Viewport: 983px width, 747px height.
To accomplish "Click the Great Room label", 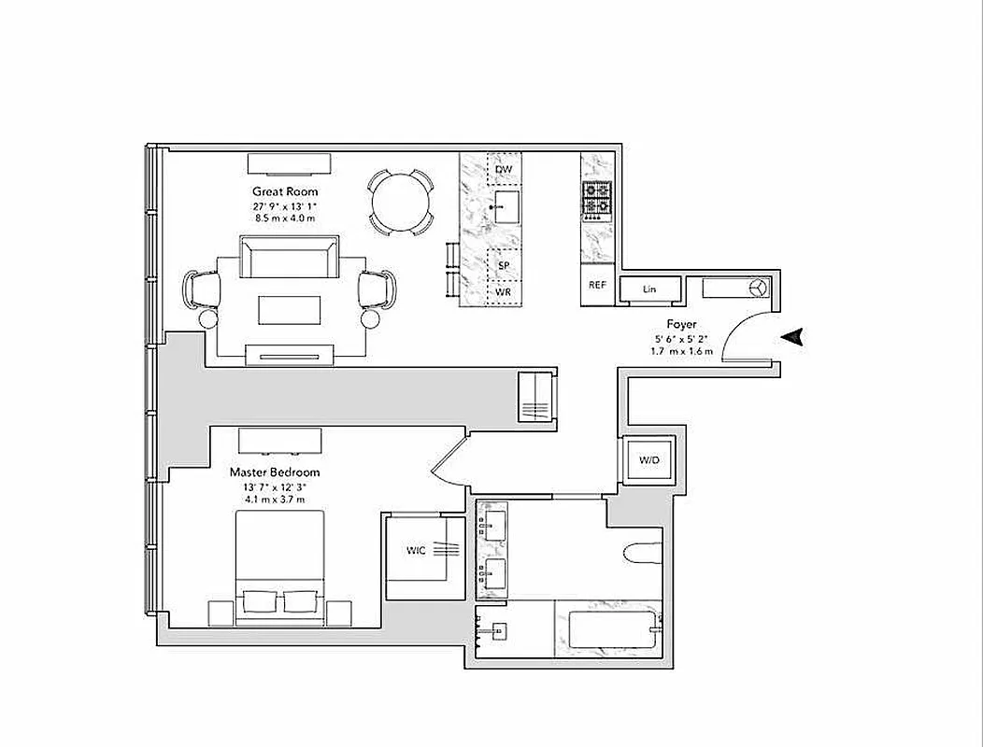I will (286, 191).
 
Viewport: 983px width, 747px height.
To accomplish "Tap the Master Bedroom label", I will (276, 472).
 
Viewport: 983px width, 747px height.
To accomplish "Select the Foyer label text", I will (681, 324).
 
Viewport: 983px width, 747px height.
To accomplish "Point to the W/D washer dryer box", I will (648, 460).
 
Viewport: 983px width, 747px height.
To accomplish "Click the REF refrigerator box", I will (596, 286).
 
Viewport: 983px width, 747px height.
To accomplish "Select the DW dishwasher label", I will (504, 170).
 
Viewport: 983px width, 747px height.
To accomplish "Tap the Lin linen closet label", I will (648, 289).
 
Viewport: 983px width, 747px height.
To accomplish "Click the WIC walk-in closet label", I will (416, 551).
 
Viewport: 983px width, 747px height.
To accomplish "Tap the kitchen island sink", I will (506, 206).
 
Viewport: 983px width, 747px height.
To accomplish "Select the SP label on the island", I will (504, 265).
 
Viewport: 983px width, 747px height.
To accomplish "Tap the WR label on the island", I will (504, 292).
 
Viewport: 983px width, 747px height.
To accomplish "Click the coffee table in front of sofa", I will (289, 310).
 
